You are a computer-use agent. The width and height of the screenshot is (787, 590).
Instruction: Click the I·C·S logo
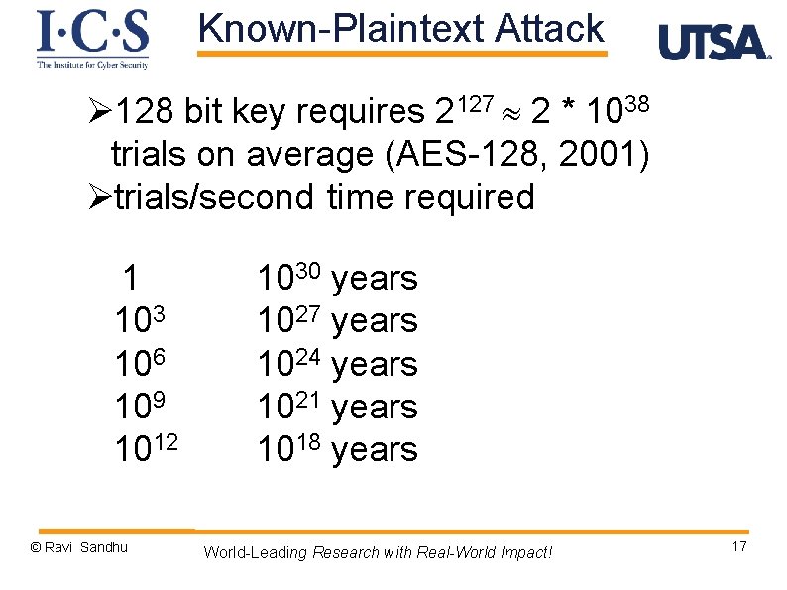click(x=92, y=39)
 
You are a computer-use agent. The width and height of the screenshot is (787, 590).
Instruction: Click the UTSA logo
click(x=714, y=43)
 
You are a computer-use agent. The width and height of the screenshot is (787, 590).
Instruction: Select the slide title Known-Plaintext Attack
click(x=400, y=29)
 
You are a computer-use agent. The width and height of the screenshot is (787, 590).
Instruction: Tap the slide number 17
click(x=738, y=548)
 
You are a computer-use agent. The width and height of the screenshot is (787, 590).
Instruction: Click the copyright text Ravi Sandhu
click(x=78, y=547)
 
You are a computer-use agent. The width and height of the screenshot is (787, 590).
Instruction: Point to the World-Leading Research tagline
click(x=378, y=552)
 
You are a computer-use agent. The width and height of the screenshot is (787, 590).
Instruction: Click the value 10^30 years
click(x=337, y=279)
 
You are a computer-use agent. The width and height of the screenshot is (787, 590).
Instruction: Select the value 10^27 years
click(x=337, y=321)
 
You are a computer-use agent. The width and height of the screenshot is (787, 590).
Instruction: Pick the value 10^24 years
click(x=337, y=364)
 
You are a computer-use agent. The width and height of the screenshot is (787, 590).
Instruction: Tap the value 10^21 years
click(x=337, y=407)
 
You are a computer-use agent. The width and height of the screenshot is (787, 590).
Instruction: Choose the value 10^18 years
click(x=337, y=449)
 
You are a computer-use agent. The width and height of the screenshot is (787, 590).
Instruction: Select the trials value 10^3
click(x=140, y=321)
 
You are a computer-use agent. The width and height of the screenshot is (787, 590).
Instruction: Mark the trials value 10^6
click(x=140, y=364)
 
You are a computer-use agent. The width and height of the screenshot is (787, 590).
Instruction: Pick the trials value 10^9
click(x=140, y=407)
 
